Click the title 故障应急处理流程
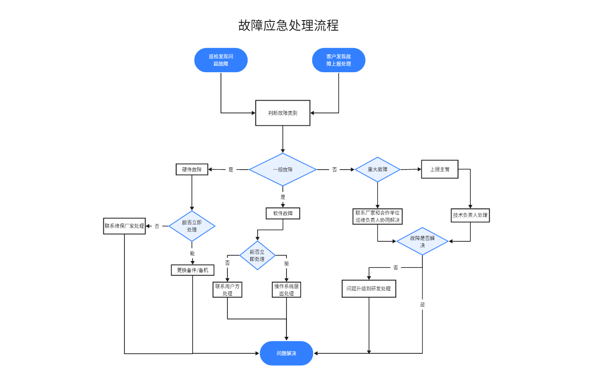coord(288,25)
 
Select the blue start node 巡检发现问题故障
coord(221,60)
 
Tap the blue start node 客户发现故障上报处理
coord(339,60)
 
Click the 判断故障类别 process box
coord(283,113)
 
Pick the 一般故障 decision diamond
coord(283,170)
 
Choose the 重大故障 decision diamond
coord(377,170)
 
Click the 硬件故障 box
coord(192,170)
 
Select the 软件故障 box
coord(283,213)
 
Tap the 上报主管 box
coord(440,169)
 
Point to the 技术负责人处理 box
coord(470,215)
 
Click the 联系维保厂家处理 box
coord(124,226)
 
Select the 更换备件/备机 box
coord(192,270)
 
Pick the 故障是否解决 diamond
coord(422,241)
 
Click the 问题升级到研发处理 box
coord(369,289)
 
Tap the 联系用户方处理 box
coord(227,290)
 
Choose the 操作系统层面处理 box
coord(286,290)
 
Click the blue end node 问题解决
coord(286,353)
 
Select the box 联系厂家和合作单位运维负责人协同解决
coord(377,216)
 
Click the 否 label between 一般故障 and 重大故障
coord(334,170)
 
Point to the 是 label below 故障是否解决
coord(422,304)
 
